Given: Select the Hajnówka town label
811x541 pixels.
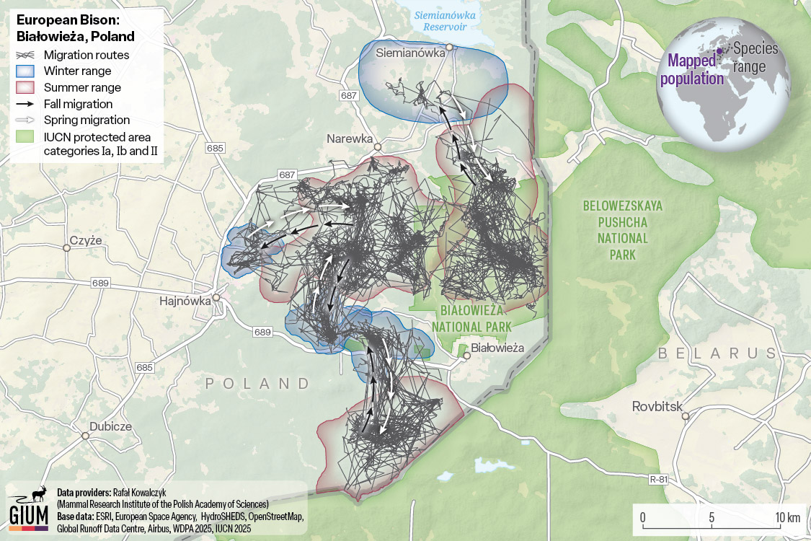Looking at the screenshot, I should [184, 302].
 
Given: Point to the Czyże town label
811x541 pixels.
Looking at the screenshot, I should [86, 240].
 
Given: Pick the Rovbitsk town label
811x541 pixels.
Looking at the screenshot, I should [656, 406].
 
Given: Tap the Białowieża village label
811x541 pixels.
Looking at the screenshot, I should [497, 348].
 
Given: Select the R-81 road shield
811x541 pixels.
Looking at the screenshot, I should [658, 479].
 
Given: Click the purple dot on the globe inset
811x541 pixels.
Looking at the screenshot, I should [719, 50].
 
